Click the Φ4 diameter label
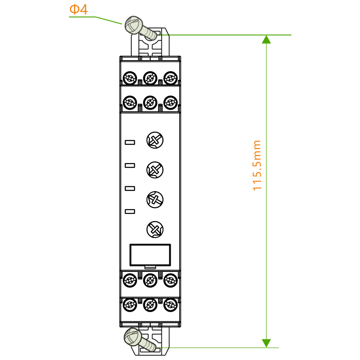point(78,9)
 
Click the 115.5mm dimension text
point(257,165)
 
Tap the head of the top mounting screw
point(133,25)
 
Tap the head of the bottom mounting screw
point(133,337)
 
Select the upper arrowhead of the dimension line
point(266,39)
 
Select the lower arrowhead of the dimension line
point(266,343)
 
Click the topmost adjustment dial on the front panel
point(155,140)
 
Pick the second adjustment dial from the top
point(155,170)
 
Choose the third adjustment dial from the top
point(155,199)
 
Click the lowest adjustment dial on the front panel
point(155,230)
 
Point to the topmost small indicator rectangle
point(130,143)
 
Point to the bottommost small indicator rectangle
point(130,211)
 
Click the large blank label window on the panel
point(150,255)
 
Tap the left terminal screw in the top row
point(130,78)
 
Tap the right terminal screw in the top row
point(170,78)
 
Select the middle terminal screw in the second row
point(150,102)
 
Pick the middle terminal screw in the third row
point(150,280)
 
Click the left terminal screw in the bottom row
point(130,305)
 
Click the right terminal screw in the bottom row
point(170,305)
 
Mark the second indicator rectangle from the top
point(130,166)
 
